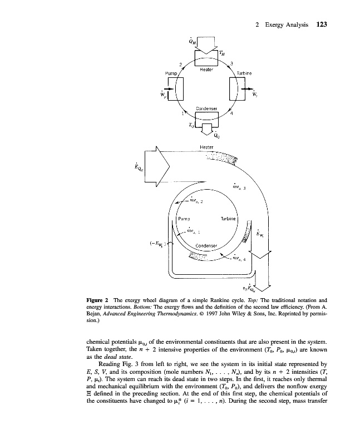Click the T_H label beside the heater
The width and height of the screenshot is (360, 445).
point(222,53)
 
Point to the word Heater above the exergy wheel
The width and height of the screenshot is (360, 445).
point(207,147)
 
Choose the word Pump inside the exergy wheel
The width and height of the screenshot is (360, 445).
point(184,219)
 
